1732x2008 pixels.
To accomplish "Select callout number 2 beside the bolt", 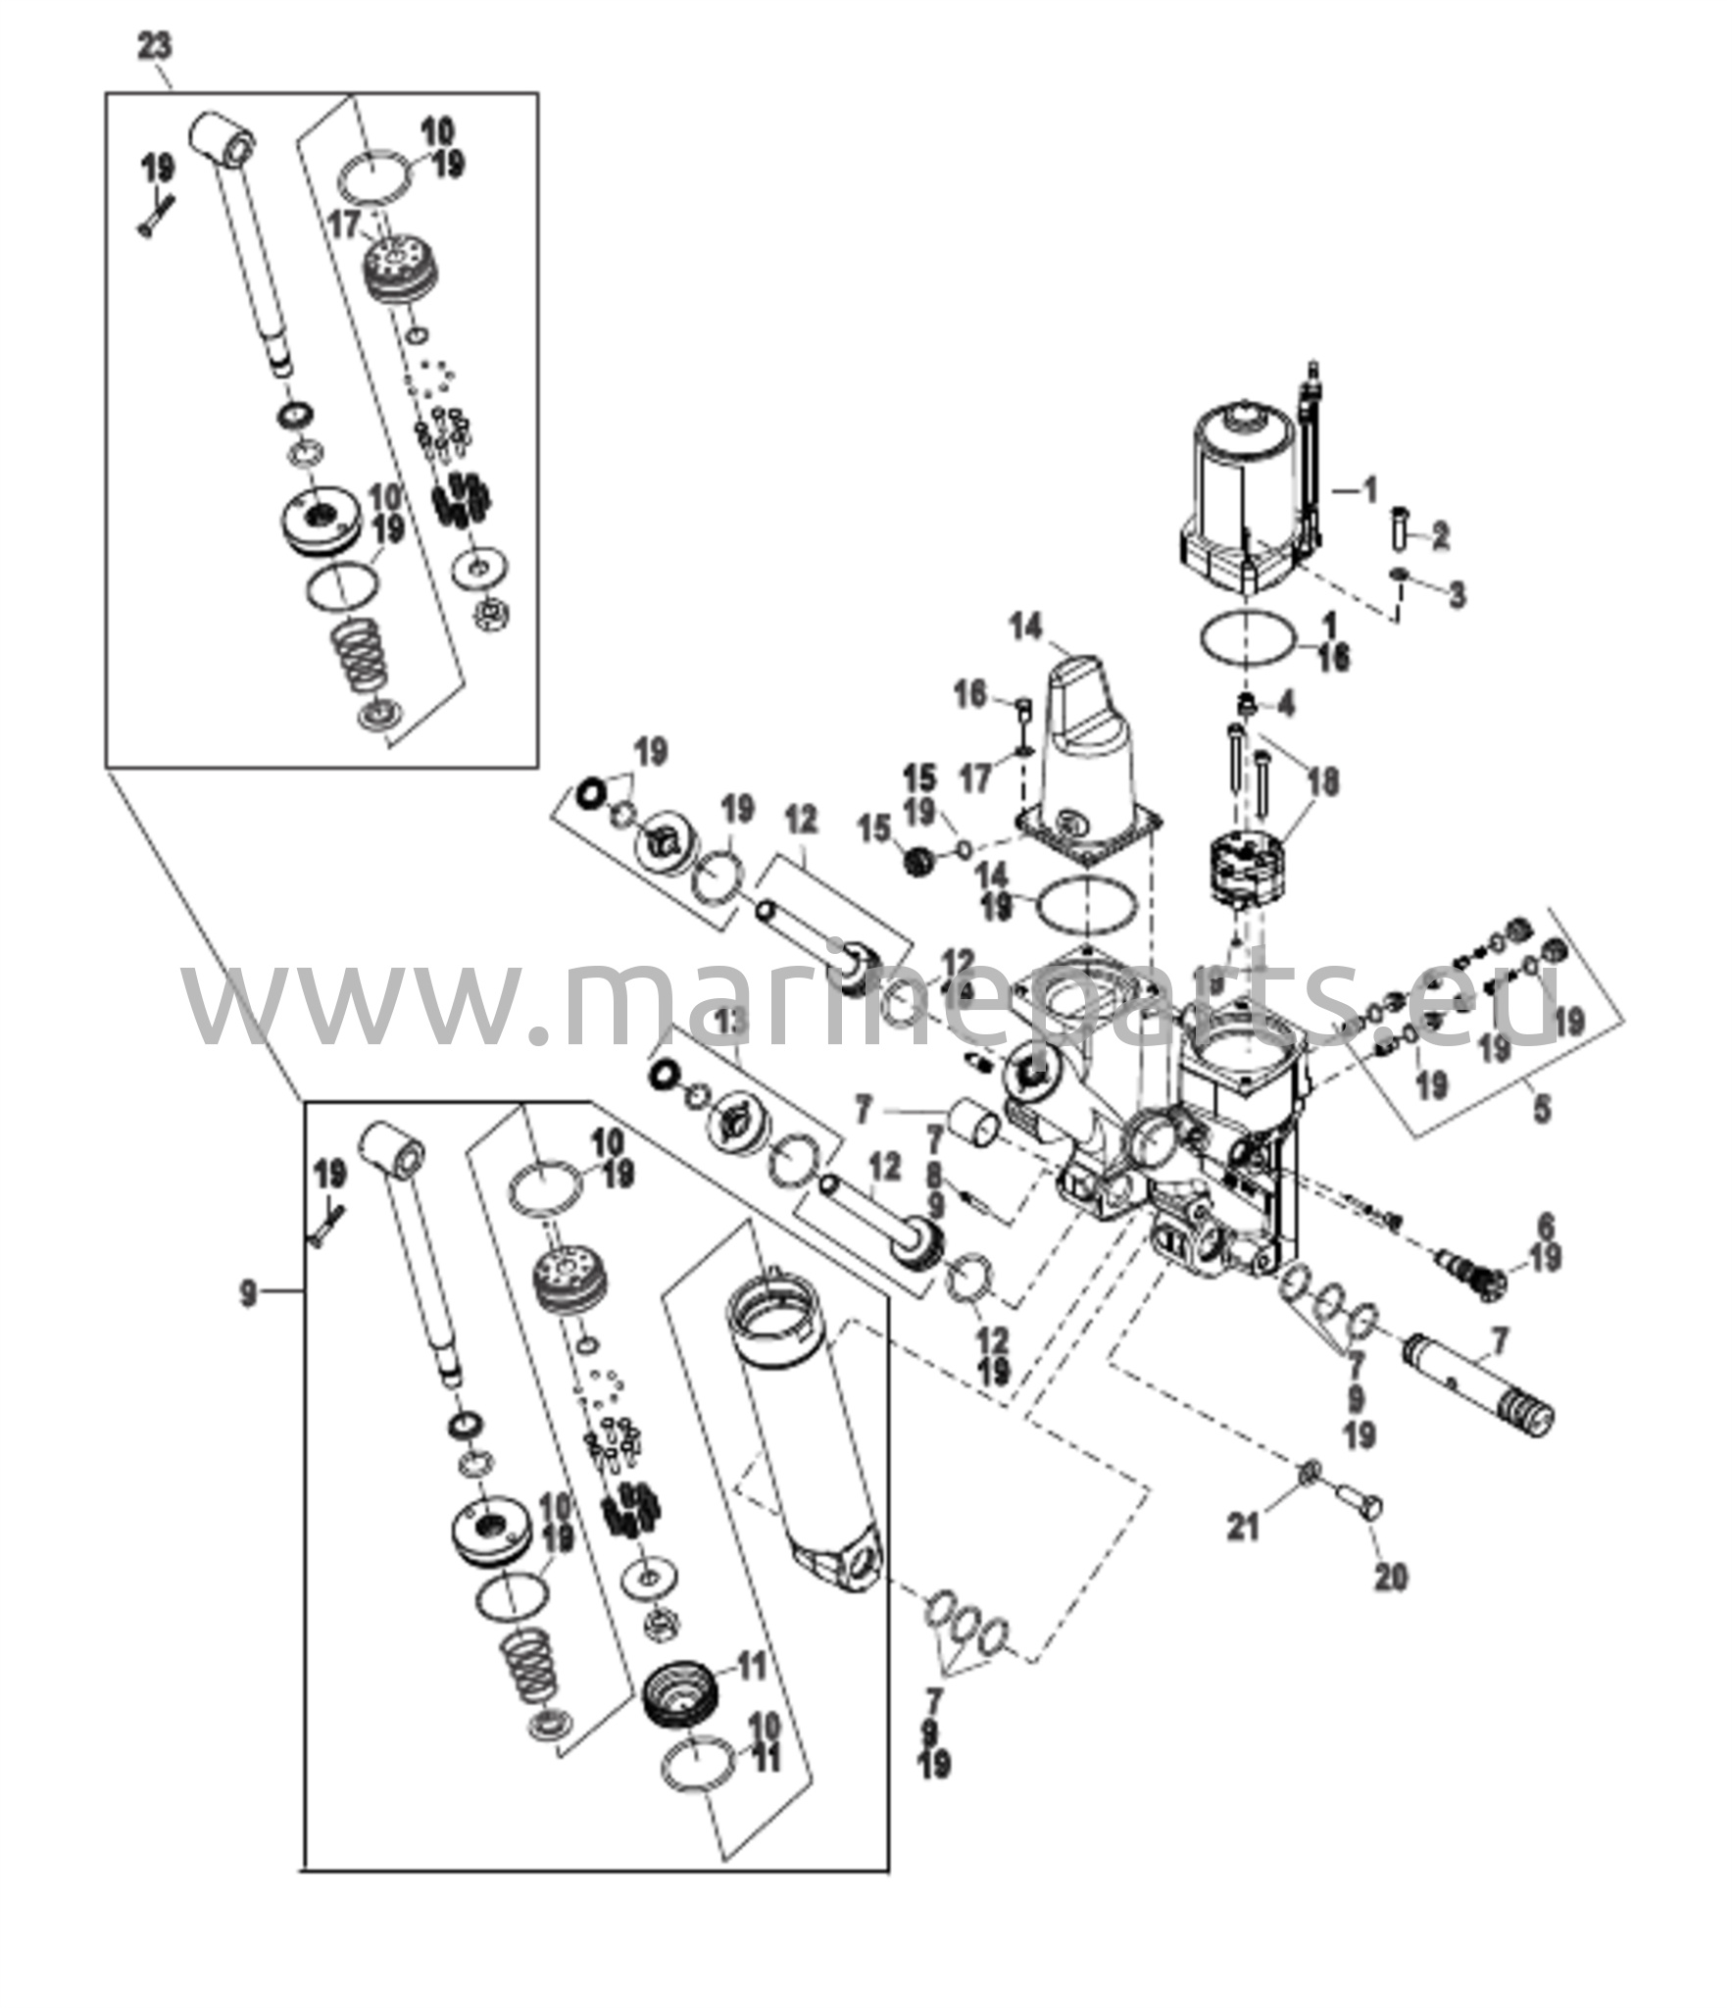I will pyautogui.click(x=1440, y=535).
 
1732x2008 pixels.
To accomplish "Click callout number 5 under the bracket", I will pyautogui.click(x=1542, y=1110).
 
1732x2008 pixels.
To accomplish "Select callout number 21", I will pyautogui.click(x=1245, y=1527).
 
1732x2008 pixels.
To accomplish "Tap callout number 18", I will pyautogui.click(x=1324, y=781).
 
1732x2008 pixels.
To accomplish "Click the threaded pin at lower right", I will pyautogui.click(x=1481, y=1380).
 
